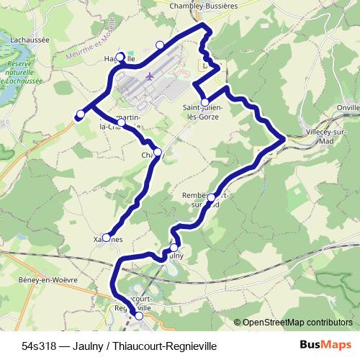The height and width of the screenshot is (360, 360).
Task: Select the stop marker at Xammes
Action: click(107, 238)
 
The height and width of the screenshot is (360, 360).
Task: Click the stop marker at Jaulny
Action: click(174, 248)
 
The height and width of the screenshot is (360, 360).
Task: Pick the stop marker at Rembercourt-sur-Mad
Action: click(211, 197)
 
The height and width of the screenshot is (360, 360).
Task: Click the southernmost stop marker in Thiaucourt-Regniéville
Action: click(139, 315)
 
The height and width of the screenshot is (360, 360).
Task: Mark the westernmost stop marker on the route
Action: click(80, 114)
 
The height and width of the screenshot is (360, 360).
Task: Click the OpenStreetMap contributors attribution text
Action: click(297, 322)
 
